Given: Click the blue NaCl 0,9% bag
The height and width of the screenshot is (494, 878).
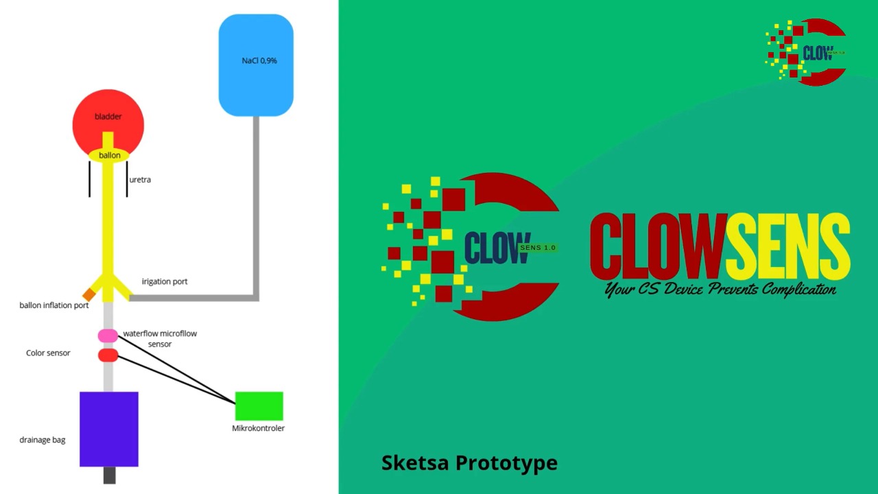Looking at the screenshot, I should [256, 65].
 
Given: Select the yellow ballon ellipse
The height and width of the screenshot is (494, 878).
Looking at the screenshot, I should [109, 156].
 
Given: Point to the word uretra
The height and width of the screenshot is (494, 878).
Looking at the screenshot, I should [140, 180].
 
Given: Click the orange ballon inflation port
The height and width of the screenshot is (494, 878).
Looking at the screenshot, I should [88, 294].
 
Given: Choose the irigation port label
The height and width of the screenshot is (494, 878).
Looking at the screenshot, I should [165, 282].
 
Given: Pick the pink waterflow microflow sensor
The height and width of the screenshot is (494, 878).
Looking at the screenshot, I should [108, 336].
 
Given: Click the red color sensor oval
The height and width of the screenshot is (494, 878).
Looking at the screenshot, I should [108, 355].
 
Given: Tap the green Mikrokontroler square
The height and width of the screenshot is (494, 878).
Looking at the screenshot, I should [259, 406].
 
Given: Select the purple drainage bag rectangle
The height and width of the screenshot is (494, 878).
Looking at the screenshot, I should [109, 429].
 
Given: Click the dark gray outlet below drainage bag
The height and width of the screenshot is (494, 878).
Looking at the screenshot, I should [109, 475].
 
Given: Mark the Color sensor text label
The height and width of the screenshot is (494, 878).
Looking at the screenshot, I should [48, 353].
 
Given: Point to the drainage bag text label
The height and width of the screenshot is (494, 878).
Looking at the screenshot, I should [43, 440].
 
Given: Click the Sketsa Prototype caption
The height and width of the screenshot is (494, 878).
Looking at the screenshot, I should [469, 463].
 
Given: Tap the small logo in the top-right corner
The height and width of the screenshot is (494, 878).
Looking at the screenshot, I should [805, 52].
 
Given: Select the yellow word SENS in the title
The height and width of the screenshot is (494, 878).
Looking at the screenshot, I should [787, 246].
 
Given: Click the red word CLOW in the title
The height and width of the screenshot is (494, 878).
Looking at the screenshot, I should [656, 246].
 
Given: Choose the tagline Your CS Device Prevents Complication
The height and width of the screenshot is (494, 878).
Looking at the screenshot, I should [720, 290].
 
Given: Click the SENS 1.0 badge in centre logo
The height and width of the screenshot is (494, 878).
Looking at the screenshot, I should [538, 248].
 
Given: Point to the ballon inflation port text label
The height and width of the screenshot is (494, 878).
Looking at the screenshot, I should [54, 305].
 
